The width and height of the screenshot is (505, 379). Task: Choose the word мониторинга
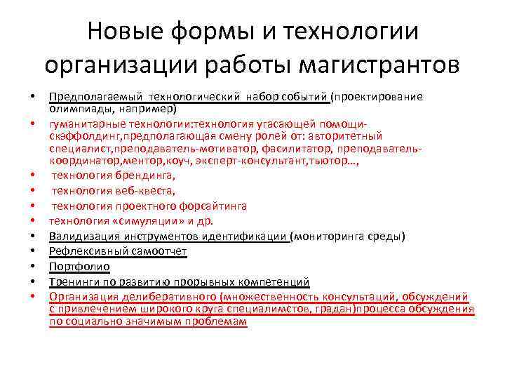click(329, 237)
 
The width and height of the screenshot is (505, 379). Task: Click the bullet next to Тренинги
click(32, 282)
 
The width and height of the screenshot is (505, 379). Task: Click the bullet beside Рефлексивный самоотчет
click(32, 251)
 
